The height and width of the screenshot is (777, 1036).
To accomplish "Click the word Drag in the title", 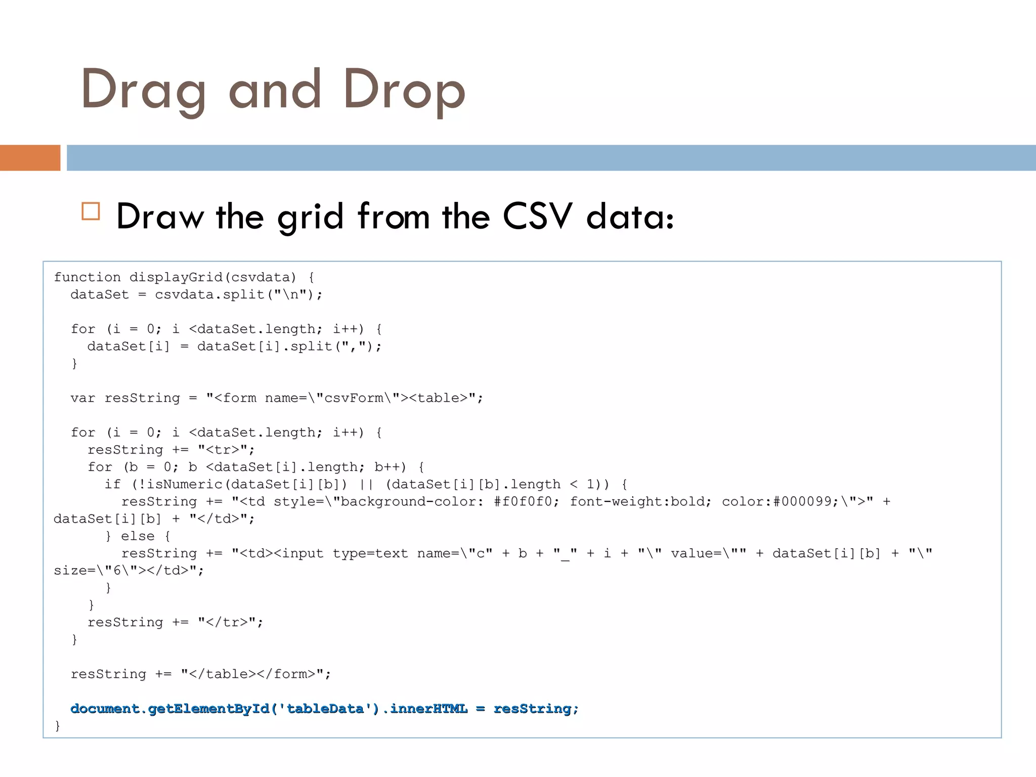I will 143,90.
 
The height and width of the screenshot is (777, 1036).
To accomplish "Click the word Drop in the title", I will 404,90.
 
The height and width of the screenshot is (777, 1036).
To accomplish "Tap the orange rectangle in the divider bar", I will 30,158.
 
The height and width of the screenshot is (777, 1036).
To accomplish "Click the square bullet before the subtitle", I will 91,211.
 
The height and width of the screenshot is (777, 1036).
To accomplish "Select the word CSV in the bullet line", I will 537,217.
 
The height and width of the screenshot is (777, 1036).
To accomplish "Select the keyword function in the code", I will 87,277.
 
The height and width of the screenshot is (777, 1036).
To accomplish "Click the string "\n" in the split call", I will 290,294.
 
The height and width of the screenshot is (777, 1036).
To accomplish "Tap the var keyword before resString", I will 82,398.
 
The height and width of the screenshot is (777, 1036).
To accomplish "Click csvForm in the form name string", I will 354,398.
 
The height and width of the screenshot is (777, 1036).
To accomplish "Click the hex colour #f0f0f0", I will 526,501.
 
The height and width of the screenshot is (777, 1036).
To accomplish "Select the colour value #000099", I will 802,501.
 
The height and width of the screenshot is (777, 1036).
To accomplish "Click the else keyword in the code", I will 138,536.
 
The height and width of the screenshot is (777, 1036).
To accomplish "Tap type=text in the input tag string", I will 370,553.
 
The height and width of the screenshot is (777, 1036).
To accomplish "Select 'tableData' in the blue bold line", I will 325,709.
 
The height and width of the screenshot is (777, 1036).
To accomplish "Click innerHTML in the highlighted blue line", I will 428,709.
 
